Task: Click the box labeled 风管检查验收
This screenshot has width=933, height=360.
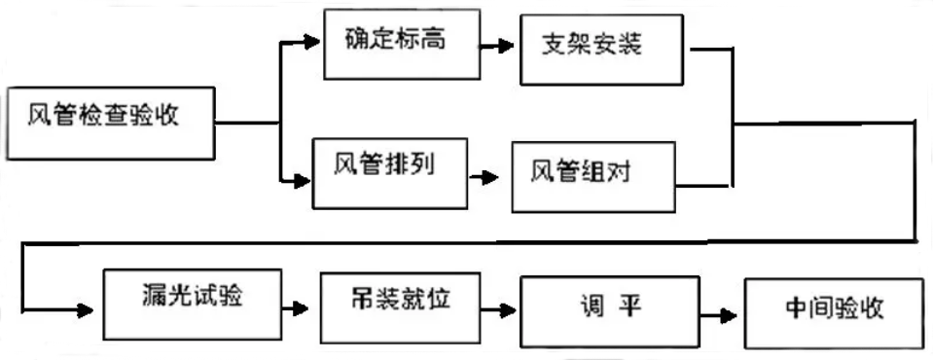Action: (111, 122)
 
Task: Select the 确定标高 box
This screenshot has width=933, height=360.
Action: (400, 43)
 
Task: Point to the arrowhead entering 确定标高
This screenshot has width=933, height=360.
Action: (312, 42)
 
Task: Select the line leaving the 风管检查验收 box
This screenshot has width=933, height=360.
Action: (248, 123)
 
